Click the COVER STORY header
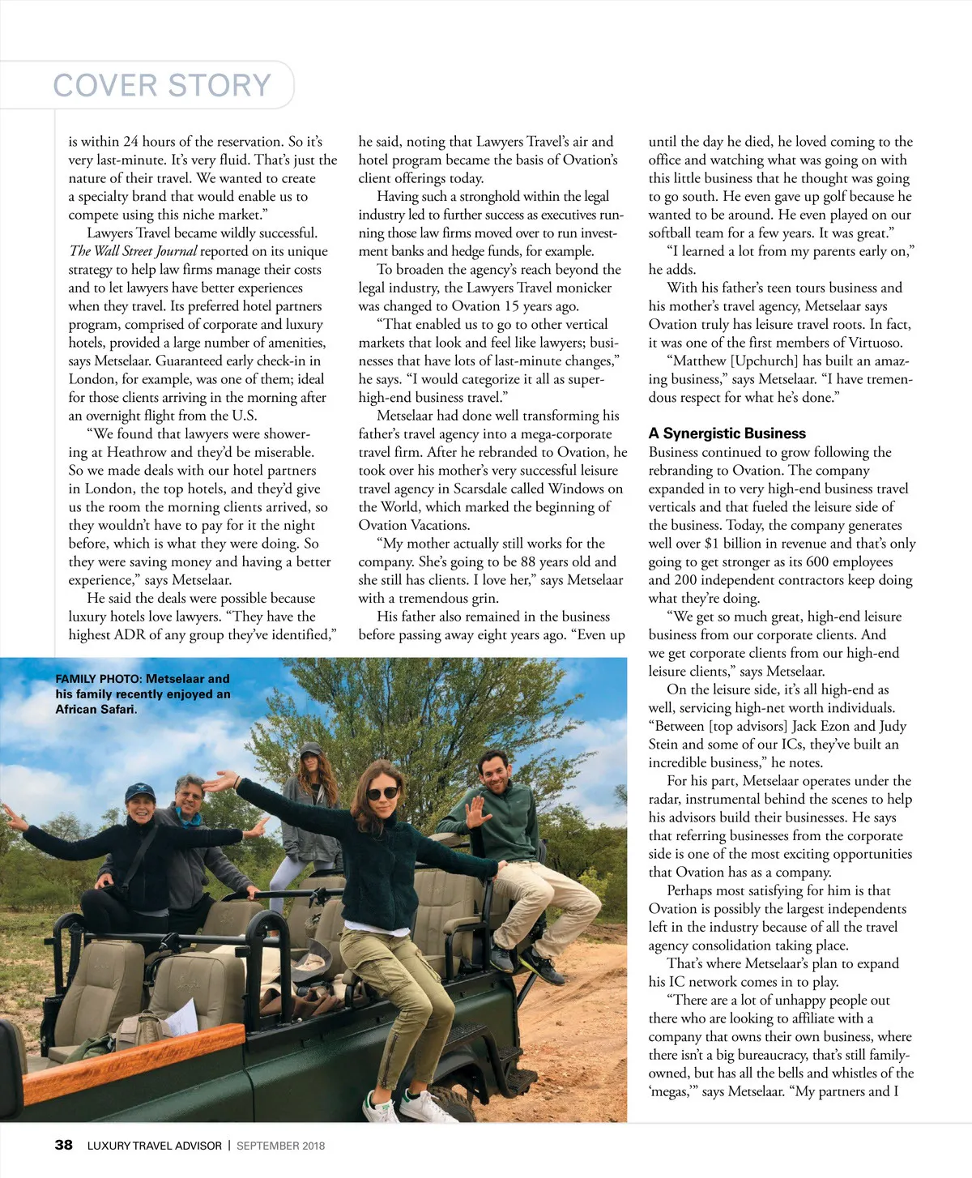pyautogui.click(x=162, y=85)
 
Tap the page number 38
pyautogui.click(x=63, y=1145)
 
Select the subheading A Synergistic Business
pyautogui.click(x=727, y=433)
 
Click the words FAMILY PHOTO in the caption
pyautogui.click(x=98, y=679)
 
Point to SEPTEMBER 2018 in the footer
pyautogui.click(x=280, y=1146)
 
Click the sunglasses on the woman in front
pyautogui.click(x=382, y=792)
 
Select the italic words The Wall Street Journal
pyautogui.click(x=133, y=251)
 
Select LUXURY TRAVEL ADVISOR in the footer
pyautogui.click(x=154, y=1146)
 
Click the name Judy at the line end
pyautogui.click(x=892, y=726)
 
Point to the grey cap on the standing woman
pyautogui.click(x=311, y=749)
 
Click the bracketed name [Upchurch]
pyautogui.click(x=762, y=361)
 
